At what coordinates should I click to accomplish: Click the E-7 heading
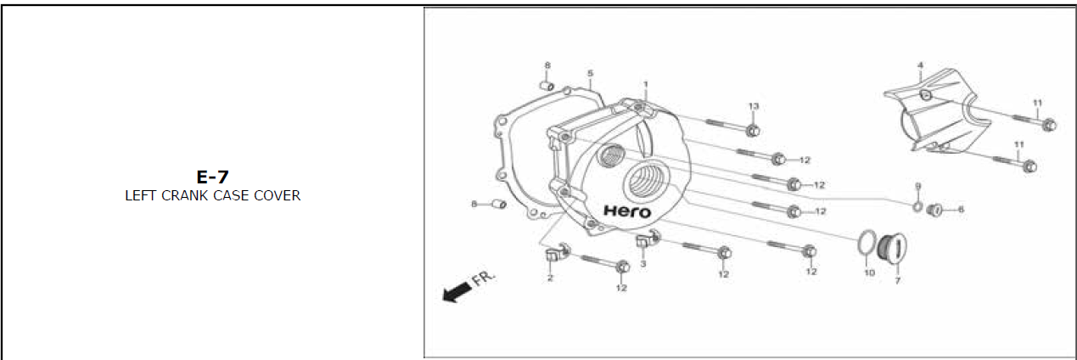coord(212,177)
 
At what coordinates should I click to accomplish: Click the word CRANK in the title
coord(185,195)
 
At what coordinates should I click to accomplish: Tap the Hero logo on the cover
coord(627,211)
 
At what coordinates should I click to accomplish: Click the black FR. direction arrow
coord(457,292)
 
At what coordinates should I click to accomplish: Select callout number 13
coord(754,106)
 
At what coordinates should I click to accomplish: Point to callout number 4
coord(920,65)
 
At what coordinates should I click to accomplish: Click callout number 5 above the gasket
coord(591,73)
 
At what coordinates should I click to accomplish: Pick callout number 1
coord(646,84)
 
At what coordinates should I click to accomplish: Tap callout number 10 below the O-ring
coord(869,273)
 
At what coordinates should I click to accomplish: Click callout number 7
coord(897,280)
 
